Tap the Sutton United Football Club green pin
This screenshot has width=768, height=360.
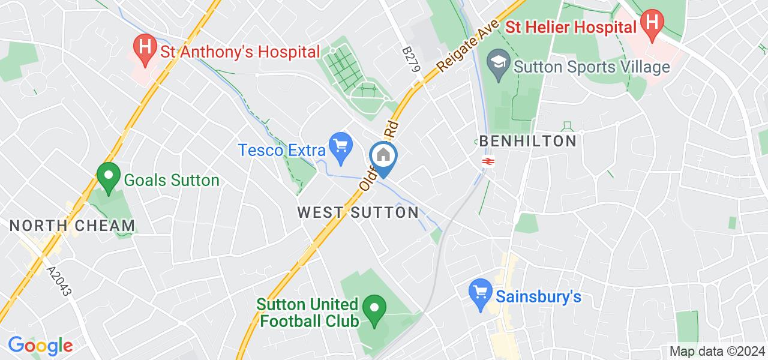pyautogui.click(x=375, y=310)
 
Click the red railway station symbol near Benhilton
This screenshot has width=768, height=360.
pyautogui.click(x=488, y=161)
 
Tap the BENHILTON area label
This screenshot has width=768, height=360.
pyautogui.click(x=528, y=142)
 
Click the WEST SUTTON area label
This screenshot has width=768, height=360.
pyautogui.click(x=358, y=212)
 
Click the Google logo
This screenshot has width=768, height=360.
pyautogui.click(x=40, y=346)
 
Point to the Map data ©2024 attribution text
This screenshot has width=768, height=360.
pyautogui.click(x=716, y=352)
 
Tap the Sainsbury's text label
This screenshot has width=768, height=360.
pyautogui.click(x=538, y=297)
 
